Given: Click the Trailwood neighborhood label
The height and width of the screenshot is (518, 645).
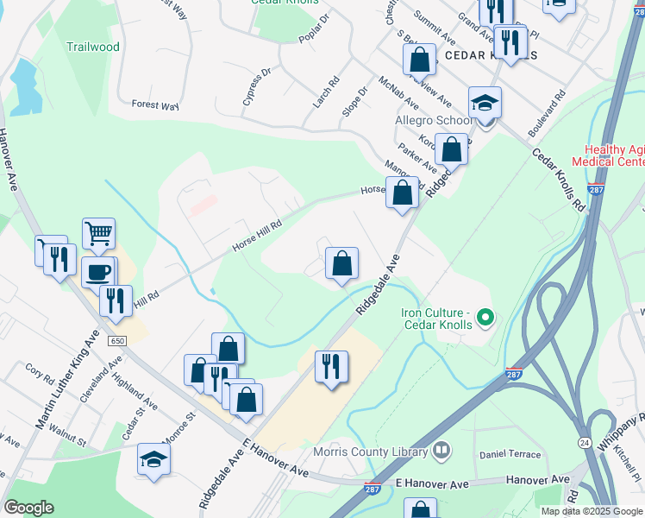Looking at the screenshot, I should click(93, 47).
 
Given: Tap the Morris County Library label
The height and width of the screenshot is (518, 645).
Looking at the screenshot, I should click(385, 452).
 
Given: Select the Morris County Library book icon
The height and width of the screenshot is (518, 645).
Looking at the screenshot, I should click(441, 451).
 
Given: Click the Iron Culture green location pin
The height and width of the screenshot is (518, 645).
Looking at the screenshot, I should click(485, 319).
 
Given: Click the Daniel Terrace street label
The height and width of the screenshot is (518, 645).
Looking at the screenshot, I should click(510, 454).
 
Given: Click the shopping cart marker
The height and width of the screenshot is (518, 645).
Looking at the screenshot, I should click(99, 232).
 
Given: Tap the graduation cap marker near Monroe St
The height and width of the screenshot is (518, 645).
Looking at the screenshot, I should click(153, 458).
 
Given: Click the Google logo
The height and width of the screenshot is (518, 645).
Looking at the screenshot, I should click(28, 508).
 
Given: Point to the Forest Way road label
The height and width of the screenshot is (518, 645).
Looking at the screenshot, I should click(154, 105).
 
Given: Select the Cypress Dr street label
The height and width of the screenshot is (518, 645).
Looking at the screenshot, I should click(257, 87).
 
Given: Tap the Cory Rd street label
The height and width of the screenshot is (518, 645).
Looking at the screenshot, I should click(40, 372).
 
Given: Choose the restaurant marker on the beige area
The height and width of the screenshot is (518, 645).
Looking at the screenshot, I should click(331, 366).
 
